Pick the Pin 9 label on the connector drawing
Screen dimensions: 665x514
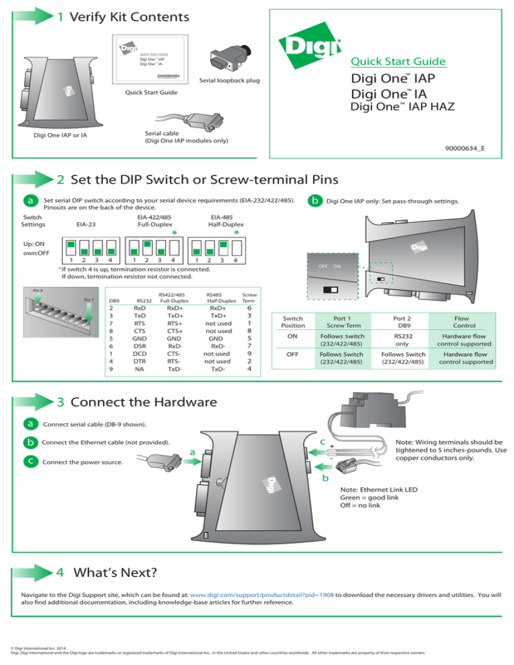point(39,290)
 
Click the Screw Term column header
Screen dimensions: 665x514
point(248,297)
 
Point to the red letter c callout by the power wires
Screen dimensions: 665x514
point(322,442)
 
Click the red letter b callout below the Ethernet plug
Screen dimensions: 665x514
point(325,479)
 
